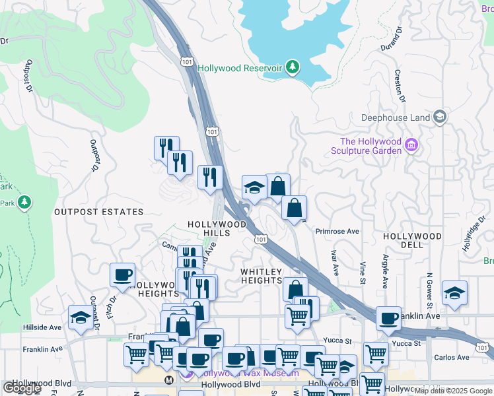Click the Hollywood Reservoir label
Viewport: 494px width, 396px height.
pyautogui.click(x=240, y=68)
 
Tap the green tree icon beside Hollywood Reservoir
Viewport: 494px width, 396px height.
pyautogui.click(x=292, y=67)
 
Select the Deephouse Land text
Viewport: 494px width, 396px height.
pyautogui.click(x=396, y=118)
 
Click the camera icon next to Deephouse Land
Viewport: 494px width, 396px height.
pyautogui.click(x=440, y=118)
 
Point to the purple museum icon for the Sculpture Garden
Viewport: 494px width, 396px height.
pyautogui.click(x=412, y=145)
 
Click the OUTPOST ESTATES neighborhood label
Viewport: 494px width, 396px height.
pyautogui.click(x=98, y=212)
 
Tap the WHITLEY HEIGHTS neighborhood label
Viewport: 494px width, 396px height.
pyautogui.click(x=262, y=276)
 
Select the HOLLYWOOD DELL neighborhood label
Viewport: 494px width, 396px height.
pyautogui.click(x=413, y=240)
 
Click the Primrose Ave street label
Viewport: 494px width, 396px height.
pyautogui.click(x=337, y=232)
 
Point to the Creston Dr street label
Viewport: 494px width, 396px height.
pyautogui.click(x=399, y=86)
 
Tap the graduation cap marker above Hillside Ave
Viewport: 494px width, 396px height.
pyautogui.click(x=81, y=317)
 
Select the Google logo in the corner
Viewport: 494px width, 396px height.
pyautogui.click(x=22, y=388)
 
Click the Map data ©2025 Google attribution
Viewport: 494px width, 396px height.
pyautogui.click(x=454, y=391)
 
